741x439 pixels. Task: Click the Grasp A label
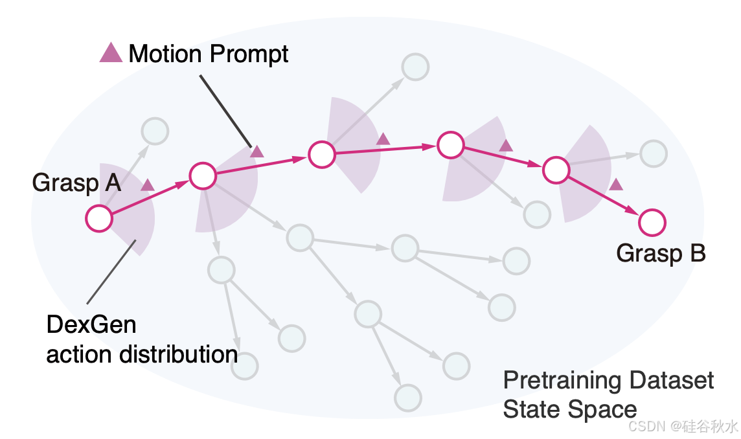76,184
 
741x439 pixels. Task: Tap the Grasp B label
660,253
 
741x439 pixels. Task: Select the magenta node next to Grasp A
100,219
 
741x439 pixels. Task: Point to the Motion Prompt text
208,54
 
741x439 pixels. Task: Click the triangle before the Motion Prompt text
111,53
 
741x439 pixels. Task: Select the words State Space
570,409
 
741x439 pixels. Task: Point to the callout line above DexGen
111,272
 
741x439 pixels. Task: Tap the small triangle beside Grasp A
148,185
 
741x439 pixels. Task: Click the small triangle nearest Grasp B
616,185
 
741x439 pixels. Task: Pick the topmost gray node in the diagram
415,67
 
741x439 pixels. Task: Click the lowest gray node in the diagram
408,397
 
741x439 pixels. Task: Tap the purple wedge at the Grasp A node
135,220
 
